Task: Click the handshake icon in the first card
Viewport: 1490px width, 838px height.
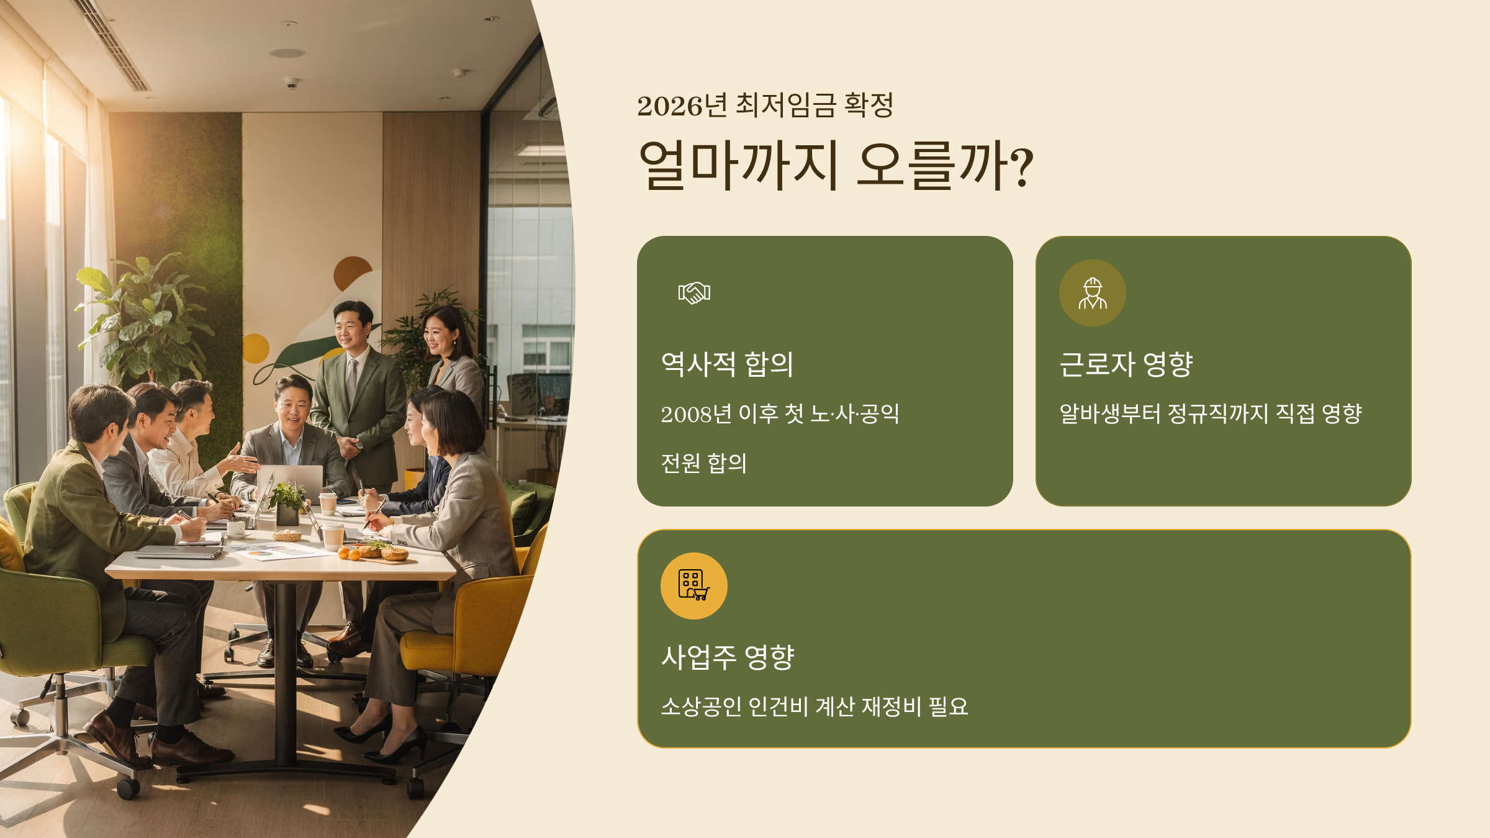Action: tap(694, 292)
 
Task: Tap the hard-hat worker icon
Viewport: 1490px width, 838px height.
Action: tap(1092, 293)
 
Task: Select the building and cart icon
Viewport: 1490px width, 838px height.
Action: tap(693, 585)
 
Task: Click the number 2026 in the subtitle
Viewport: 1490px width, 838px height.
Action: tap(669, 106)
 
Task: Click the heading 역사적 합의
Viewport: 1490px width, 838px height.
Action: tap(727, 364)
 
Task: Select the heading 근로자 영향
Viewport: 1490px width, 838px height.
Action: tap(1126, 364)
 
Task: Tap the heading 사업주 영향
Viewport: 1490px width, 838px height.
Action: tap(727, 657)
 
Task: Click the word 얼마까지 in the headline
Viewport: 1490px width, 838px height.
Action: tap(739, 165)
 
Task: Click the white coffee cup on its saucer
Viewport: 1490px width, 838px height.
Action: tap(236, 529)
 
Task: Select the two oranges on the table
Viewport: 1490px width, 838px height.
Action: tap(348, 554)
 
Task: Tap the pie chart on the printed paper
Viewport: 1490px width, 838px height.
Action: tap(261, 552)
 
